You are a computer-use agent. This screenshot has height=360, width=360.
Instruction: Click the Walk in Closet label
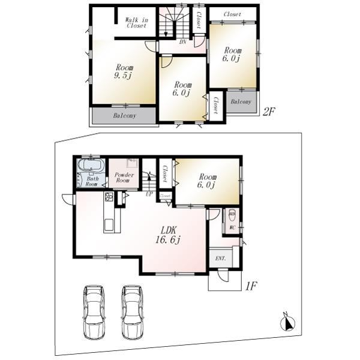click(x=136, y=23)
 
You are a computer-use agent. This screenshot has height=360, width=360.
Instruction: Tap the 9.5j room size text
click(x=125, y=77)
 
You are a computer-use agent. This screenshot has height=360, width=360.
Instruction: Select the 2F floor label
click(x=269, y=112)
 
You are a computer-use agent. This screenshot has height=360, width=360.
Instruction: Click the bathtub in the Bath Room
click(x=92, y=166)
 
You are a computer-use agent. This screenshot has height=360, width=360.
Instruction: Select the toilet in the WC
click(x=232, y=214)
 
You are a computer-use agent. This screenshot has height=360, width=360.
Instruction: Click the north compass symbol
click(x=288, y=322)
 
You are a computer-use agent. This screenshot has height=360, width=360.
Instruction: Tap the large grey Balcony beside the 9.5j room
click(x=124, y=115)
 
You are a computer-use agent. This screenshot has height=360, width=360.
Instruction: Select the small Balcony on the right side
click(x=241, y=102)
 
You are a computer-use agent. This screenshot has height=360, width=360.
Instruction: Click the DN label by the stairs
click(x=182, y=42)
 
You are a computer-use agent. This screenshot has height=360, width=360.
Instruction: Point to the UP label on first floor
click(x=149, y=194)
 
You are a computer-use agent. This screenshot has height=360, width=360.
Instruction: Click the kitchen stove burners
click(x=109, y=197)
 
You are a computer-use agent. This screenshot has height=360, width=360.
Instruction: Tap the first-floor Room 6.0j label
click(x=208, y=181)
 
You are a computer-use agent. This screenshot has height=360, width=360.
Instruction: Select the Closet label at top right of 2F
click(x=232, y=14)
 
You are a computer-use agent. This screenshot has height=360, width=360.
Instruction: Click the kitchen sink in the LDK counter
click(x=110, y=225)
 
